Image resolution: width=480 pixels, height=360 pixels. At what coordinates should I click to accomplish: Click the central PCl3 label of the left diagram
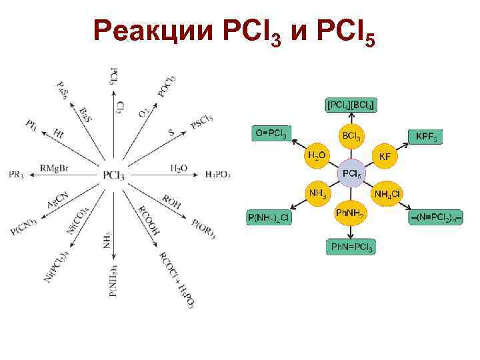pos(113,175)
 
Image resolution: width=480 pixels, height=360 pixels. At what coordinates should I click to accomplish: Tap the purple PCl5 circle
pos(351,175)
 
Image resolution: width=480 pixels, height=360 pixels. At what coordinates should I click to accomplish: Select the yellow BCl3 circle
pos(351,136)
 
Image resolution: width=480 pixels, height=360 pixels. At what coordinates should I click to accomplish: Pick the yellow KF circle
pos(385,157)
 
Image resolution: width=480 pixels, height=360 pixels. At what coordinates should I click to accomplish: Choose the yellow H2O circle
pos(317,157)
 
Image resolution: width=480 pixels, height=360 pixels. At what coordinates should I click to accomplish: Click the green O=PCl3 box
pos(271,133)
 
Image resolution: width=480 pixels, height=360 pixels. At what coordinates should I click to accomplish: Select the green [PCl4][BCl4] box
pos(351,105)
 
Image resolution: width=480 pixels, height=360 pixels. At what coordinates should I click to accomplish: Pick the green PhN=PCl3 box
pos(351,247)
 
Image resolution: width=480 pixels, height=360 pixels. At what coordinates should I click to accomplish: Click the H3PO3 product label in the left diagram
pos(217,175)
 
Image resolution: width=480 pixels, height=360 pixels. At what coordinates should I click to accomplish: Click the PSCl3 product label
pos(201,122)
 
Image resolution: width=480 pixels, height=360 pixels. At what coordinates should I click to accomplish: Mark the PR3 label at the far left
pos(16,175)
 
